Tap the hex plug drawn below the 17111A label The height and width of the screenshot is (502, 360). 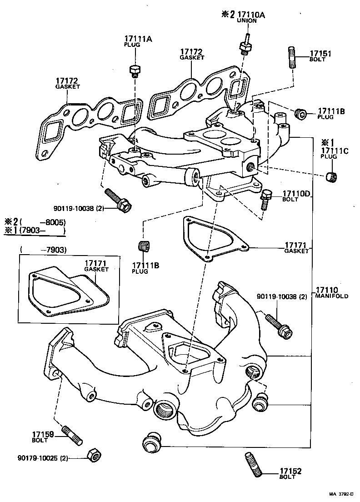tap(134, 70)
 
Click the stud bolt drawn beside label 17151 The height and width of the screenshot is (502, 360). tap(292, 57)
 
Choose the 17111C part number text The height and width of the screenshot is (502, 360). tap(335, 151)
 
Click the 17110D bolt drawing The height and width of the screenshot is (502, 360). tap(265, 199)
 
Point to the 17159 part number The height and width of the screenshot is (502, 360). tap(43, 434)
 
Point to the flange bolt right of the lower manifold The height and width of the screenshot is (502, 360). tap(278, 325)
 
